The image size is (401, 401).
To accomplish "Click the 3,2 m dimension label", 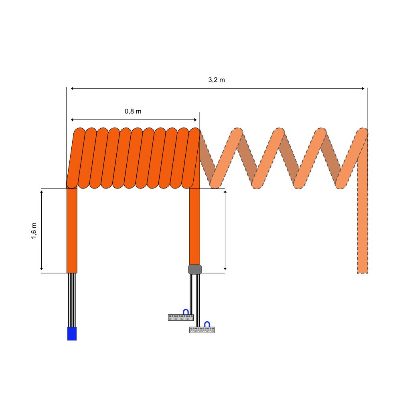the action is click(x=217, y=80).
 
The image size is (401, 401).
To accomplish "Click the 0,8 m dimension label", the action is click(x=133, y=111).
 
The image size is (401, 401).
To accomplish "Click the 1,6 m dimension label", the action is click(x=34, y=231).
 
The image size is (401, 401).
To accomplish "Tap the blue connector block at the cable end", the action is click(x=72, y=334).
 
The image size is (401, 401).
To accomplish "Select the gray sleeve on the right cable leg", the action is click(x=195, y=269).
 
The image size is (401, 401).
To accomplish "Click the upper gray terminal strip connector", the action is click(x=181, y=318).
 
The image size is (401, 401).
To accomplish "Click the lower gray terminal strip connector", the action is click(x=202, y=330).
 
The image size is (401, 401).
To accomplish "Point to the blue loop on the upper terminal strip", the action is click(x=186, y=311).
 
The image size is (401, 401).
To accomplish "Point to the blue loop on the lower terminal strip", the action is click(x=207, y=324).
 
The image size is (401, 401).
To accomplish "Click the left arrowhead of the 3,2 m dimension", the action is click(x=72, y=89).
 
